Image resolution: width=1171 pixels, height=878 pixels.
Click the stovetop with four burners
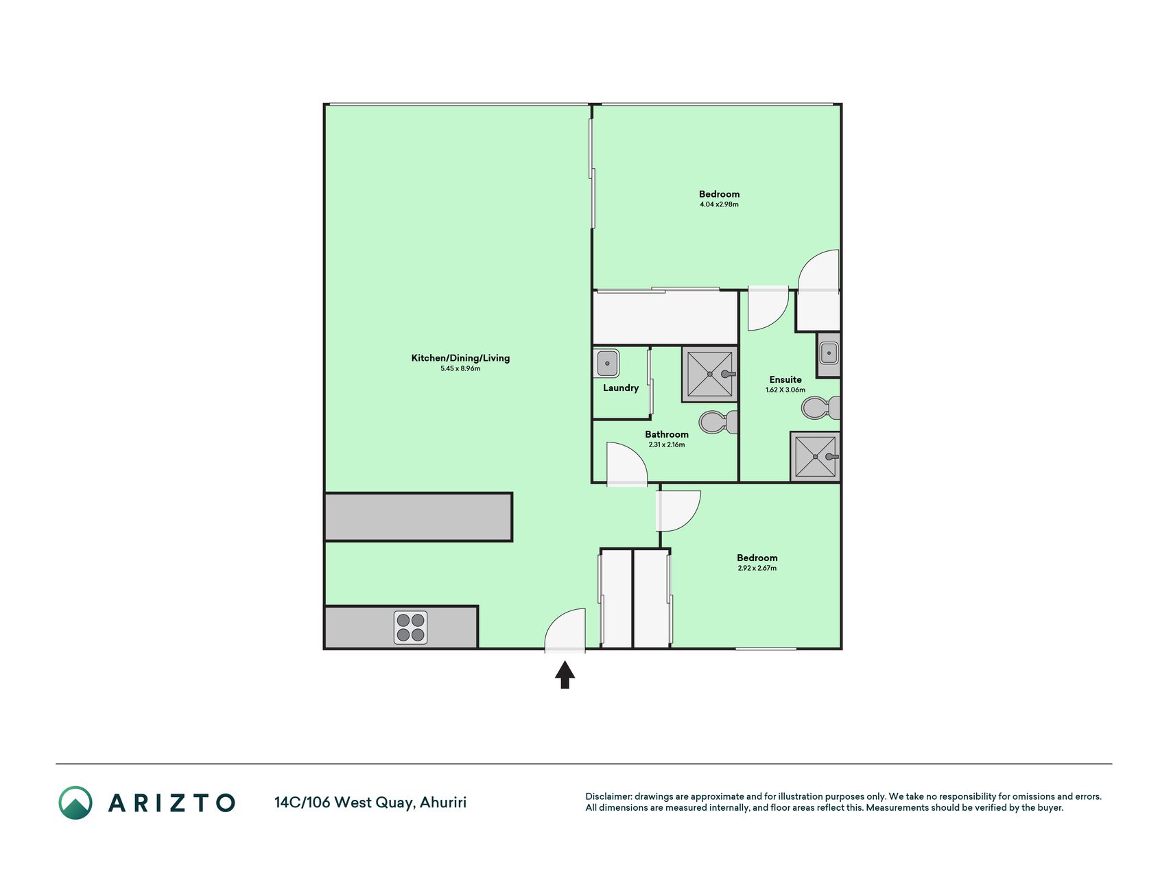[411, 628]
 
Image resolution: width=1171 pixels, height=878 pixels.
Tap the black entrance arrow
[565, 674]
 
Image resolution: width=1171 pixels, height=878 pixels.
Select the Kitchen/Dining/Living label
[460, 358]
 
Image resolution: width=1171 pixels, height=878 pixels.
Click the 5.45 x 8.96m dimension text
[460, 369]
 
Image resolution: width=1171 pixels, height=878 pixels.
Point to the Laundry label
[621, 388]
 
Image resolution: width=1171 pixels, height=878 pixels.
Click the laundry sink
[607, 364]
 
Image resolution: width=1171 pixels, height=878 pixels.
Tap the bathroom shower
[709, 374]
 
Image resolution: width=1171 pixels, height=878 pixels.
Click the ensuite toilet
[821, 408]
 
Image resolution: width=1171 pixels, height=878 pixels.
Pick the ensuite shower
[815, 457]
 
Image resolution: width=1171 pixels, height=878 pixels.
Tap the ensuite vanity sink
[829, 354]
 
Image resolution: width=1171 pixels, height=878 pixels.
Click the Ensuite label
[785, 380]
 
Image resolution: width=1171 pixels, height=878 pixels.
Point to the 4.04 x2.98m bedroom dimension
[719, 204]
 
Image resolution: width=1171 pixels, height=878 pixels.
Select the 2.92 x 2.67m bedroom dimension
[757, 569]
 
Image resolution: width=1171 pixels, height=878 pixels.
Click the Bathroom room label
[667, 435]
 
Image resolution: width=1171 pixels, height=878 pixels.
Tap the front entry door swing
[565, 630]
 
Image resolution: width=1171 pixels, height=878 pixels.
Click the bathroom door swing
[627, 464]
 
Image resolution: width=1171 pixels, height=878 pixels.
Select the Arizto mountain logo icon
[75, 803]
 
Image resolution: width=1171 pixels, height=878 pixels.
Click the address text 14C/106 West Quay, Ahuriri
[370, 803]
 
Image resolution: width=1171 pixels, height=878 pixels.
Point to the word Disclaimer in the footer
[608, 797]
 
